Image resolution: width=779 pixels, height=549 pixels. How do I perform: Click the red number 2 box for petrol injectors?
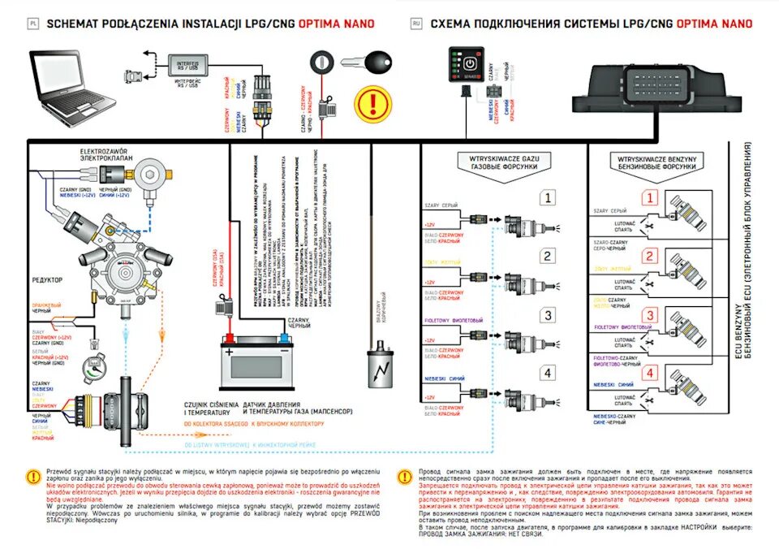tap(649, 257)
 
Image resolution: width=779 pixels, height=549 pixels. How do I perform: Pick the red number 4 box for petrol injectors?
tap(649, 374)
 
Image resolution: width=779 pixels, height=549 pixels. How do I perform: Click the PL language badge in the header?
tap(33, 24)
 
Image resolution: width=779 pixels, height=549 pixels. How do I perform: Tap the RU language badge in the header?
tap(416, 24)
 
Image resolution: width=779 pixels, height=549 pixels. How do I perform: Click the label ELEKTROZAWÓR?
tap(105, 152)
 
